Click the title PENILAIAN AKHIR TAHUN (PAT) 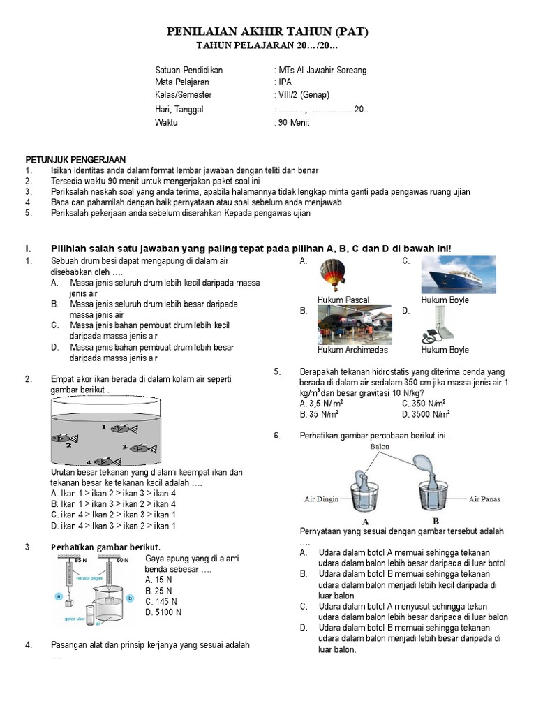(x=267, y=32)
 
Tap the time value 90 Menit (x=294, y=123)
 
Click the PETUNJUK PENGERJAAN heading (x=75, y=160)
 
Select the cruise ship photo (x=459, y=274)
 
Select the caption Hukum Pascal (x=343, y=300)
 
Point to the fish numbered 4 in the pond (x=108, y=461)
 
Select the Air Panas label (x=484, y=499)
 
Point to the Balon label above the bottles (x=380, y=445)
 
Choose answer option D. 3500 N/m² (x=426, y=414)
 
